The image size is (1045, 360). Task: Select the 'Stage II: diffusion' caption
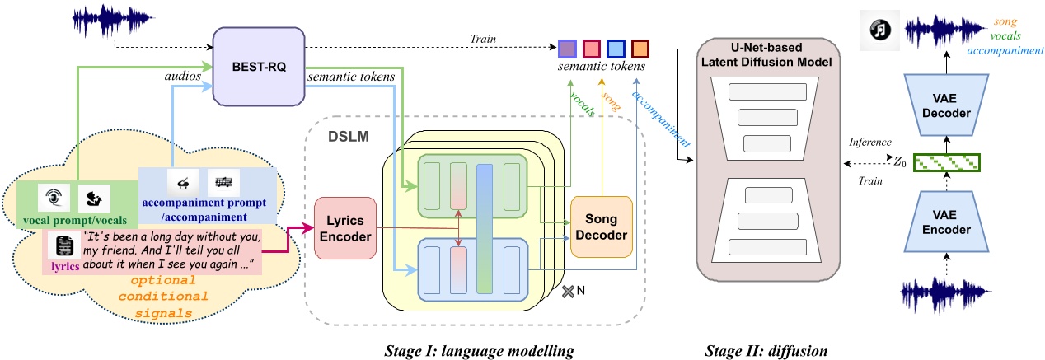766,349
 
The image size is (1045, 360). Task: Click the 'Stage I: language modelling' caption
479,349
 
